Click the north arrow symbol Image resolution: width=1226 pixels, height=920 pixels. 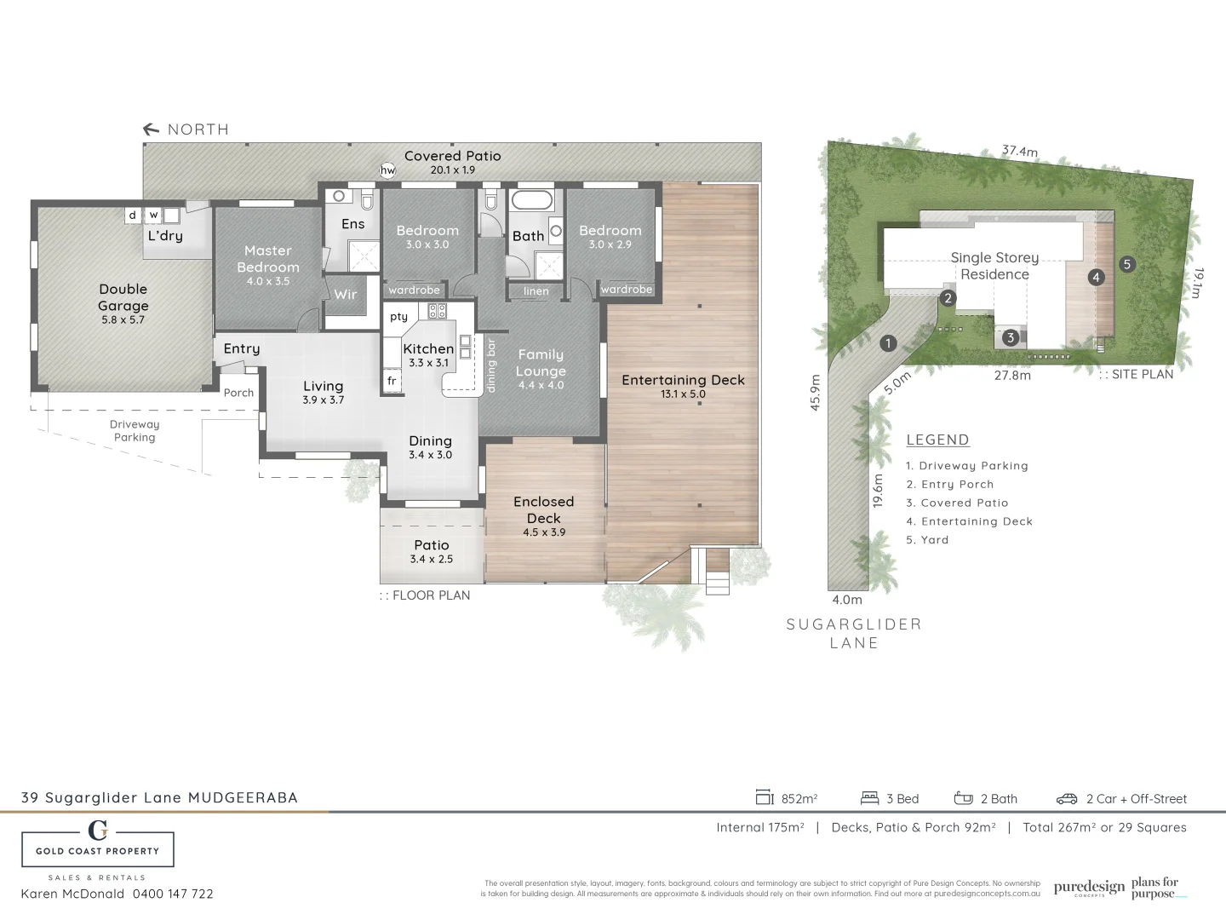pos(152,129)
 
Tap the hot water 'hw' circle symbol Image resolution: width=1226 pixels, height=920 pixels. pos(387,170)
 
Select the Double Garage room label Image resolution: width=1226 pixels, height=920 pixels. pos(123,297)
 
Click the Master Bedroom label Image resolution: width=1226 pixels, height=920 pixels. pos(267,259)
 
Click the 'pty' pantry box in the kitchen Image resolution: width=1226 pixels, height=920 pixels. pos(398,317)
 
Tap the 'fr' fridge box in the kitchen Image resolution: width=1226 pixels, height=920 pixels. pos(392,381)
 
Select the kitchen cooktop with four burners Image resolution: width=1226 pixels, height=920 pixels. pos(437,311)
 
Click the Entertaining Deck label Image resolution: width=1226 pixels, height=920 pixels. pos(683,380)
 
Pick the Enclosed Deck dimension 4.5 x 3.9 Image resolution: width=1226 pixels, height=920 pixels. pos(544,532)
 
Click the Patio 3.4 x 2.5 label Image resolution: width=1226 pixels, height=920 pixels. pos(432,551)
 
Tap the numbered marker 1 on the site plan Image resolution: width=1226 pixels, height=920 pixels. pos(888,343)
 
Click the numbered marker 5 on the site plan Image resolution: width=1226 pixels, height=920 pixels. pos(1126,264)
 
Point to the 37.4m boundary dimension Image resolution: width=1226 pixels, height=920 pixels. pos(1019,152)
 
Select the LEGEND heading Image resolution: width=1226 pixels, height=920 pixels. pos(937,440)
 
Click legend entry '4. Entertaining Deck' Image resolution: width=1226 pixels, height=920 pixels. pos(969,521)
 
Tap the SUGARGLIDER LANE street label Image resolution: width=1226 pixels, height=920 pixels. pos(854,633)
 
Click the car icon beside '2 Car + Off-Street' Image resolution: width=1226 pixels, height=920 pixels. pos(1067,799)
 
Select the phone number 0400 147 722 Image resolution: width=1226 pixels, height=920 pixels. pos(173,894)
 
